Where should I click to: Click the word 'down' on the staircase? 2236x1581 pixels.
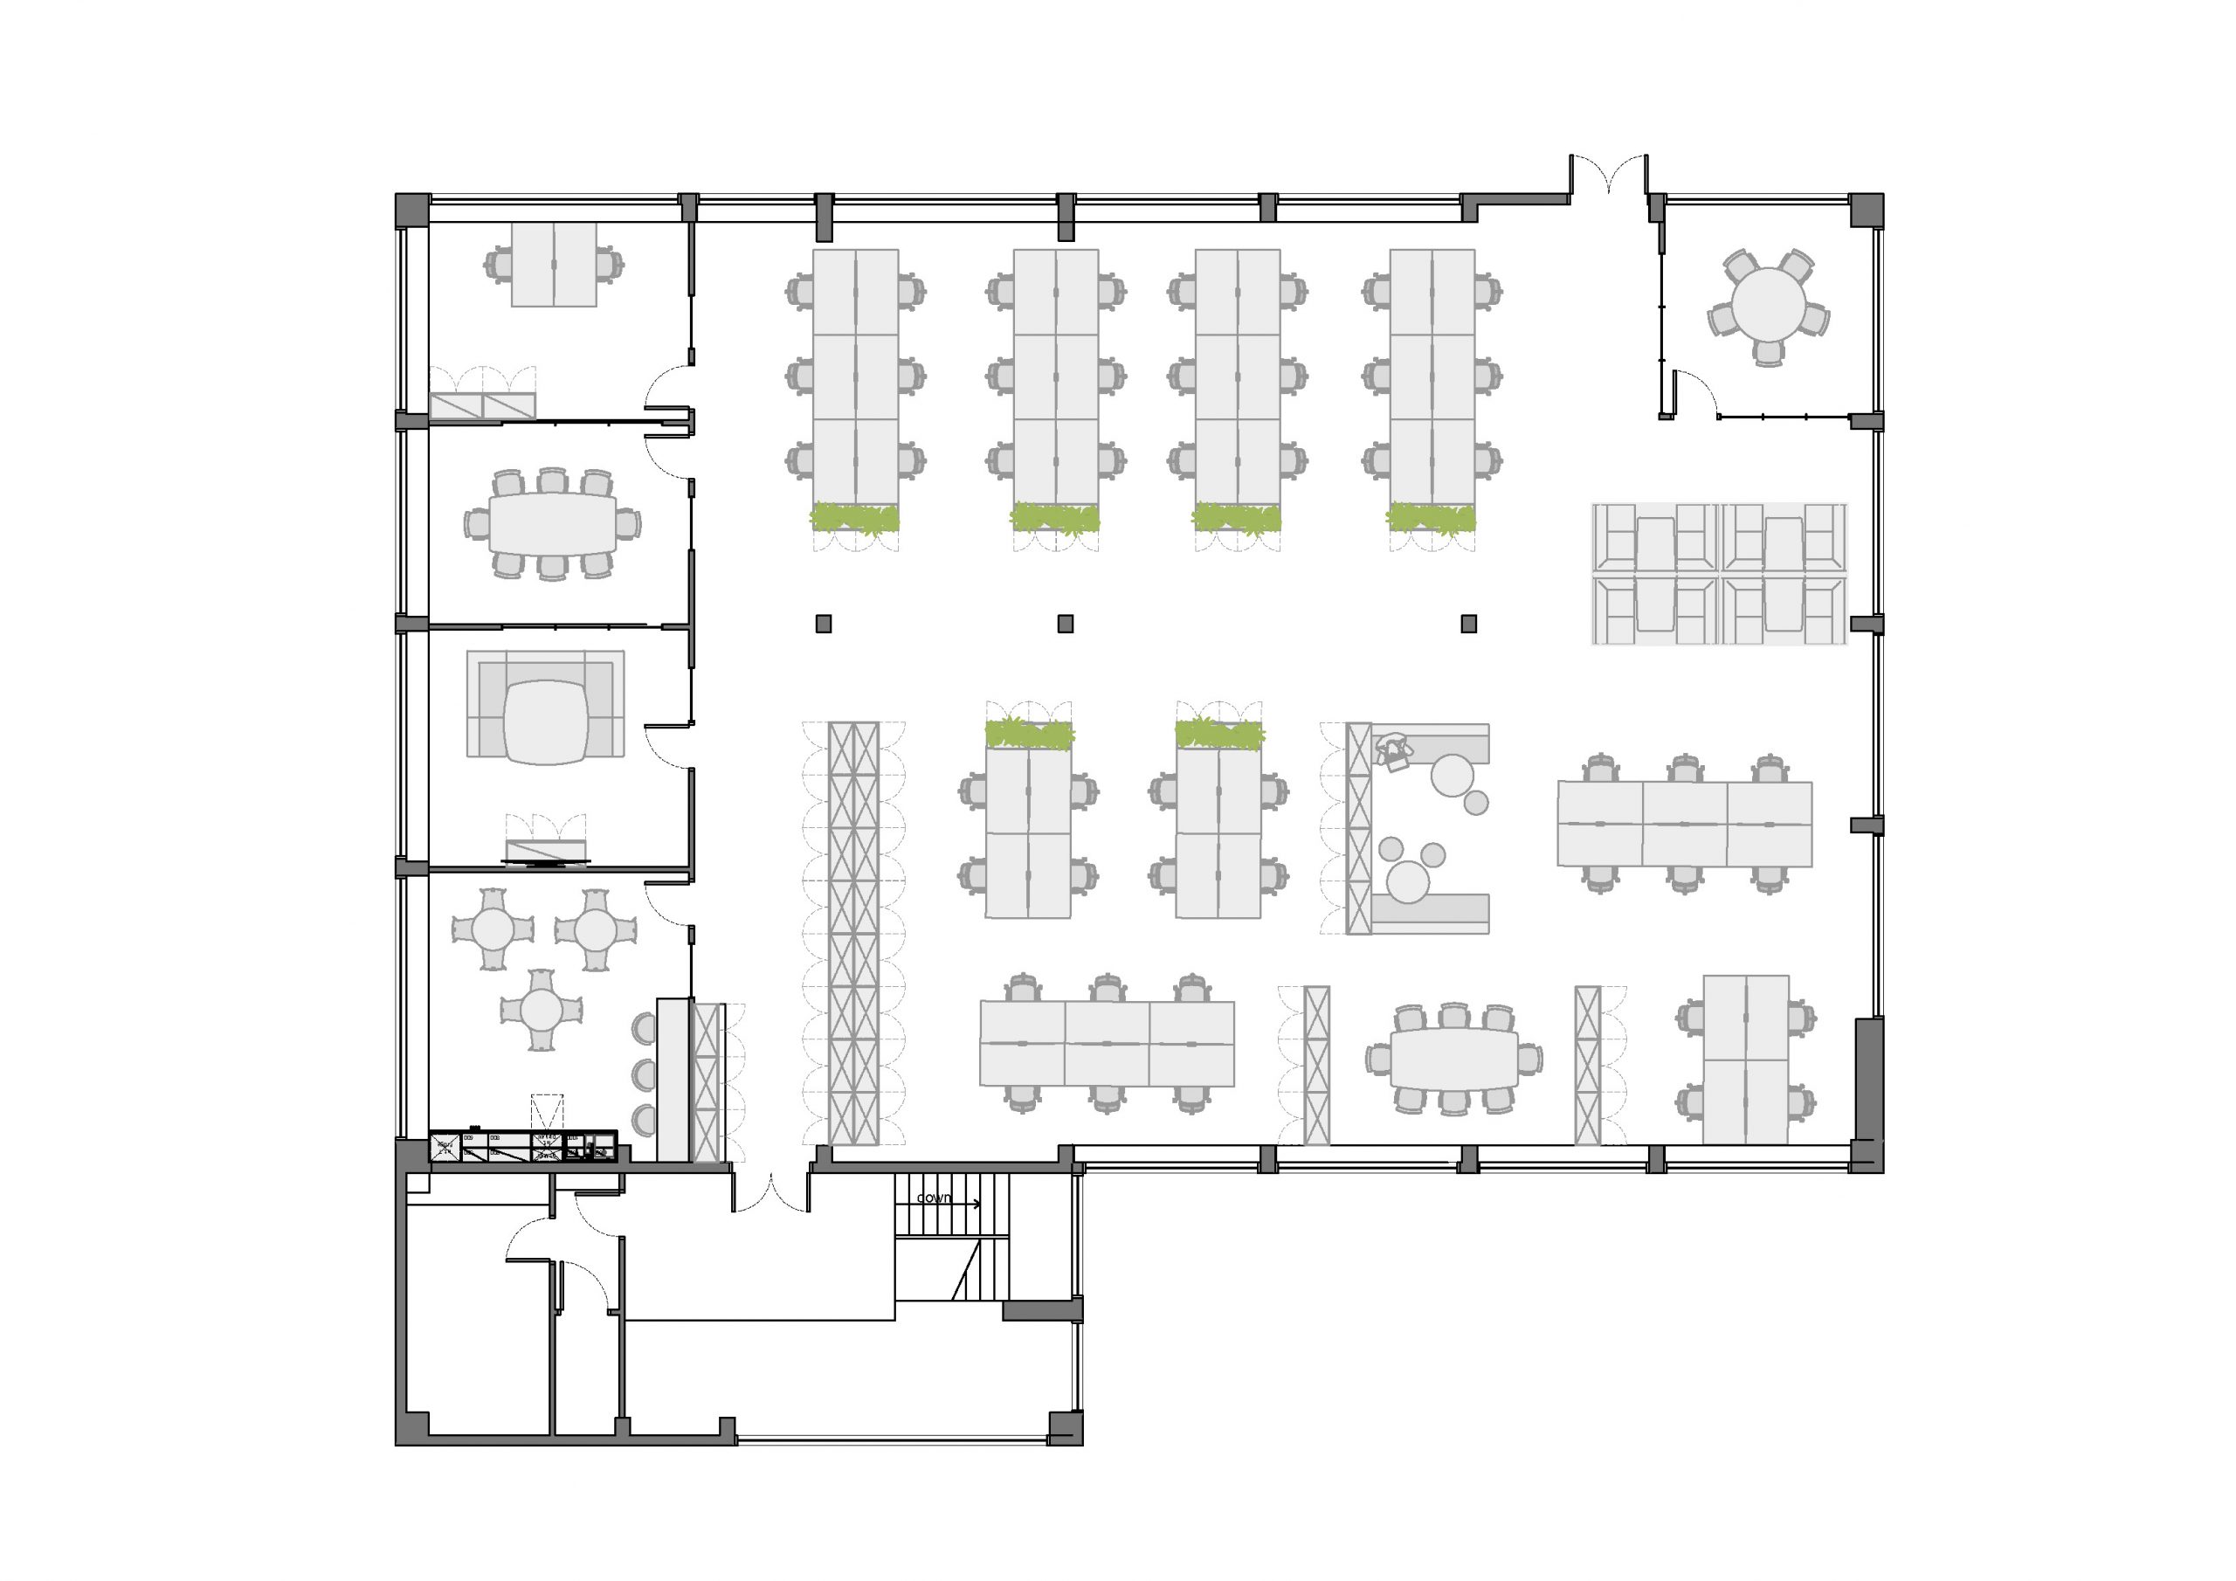[x=933, y=1198]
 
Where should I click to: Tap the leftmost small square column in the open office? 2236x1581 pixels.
[x=823, y=624]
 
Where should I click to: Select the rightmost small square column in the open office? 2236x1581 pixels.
[x=1468, y=624]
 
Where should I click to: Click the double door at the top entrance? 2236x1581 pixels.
[x=1608, y=176]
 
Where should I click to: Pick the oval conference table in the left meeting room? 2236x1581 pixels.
[x=552, y=523]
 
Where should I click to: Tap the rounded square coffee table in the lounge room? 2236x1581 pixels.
[x=547, y=721]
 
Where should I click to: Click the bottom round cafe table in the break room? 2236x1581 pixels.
[x=541, y=1010]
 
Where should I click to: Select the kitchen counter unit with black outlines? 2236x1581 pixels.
[x=523, y=1147]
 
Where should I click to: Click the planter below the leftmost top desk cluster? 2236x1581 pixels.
[x=855, y=517]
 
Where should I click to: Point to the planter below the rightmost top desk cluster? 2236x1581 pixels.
[x=1431, y=517]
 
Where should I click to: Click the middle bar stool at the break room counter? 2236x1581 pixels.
[x=644, y=1074]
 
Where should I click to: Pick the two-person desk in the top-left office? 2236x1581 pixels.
[x=553, y=264]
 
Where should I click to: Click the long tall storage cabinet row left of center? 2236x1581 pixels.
[x=853, y=932]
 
